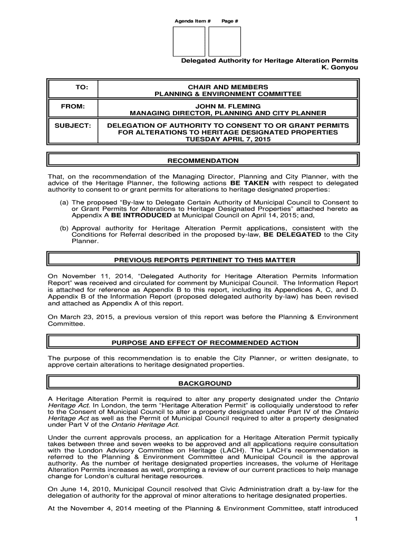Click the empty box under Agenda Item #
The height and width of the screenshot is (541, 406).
point(190,42)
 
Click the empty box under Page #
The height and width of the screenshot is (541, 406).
point(225,42)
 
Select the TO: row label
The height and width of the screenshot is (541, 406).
point(74,87)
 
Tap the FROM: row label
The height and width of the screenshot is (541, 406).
point(74,106)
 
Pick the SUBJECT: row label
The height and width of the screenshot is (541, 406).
point(74,125)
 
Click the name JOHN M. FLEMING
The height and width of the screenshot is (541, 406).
point(228,106)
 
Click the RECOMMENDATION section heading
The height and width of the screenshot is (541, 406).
point(203,161)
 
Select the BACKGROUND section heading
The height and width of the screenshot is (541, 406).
point(203,383)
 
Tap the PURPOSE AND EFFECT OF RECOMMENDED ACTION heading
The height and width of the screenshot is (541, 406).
point(203,343)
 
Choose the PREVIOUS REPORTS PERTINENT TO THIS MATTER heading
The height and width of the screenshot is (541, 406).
point(203,260)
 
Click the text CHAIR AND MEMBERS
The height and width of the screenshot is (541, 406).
point(228,87)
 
